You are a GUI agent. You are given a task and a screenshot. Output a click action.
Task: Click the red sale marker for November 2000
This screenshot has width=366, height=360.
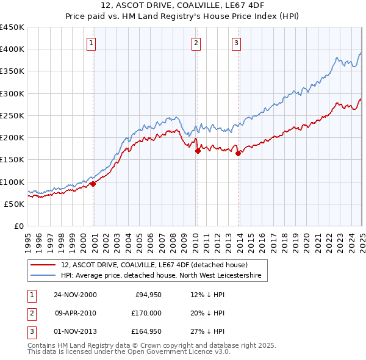[93, 184]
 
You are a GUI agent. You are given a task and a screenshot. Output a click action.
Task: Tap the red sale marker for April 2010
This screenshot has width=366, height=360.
[198, 151]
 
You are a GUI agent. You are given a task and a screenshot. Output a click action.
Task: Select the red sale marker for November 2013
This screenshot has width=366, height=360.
[238, 153]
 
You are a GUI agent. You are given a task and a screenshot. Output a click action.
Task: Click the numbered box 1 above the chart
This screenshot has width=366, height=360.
[91, 43]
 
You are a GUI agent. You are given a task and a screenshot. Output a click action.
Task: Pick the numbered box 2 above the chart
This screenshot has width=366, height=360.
[196, 43]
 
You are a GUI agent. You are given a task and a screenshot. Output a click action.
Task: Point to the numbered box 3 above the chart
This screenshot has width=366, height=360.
[236, 43]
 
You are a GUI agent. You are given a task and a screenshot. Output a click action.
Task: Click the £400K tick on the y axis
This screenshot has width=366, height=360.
[12, 49]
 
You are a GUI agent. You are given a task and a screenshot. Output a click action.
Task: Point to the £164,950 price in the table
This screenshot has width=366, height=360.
[147, 331]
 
